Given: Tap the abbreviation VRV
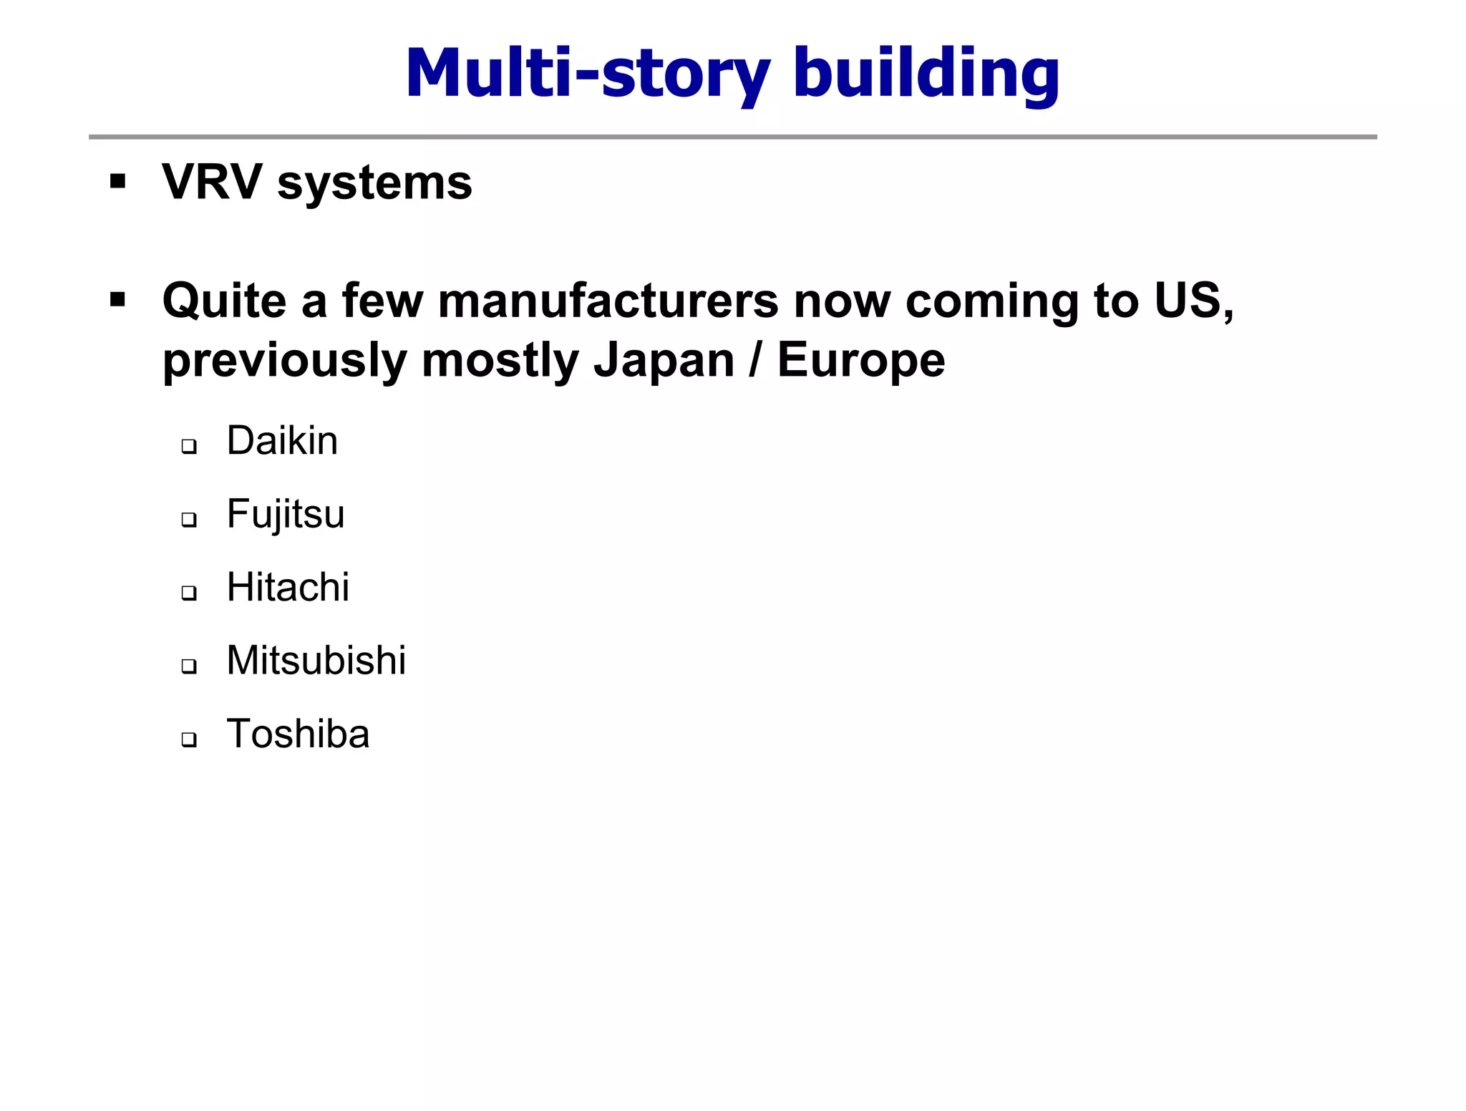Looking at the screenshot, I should tap(212, 182).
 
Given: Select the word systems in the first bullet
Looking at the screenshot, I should tap(374, 183).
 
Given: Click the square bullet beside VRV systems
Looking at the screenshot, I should tap(118, 181).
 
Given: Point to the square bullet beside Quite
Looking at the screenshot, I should tap(118, 299).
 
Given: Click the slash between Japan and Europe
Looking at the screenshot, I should tap(755, 359).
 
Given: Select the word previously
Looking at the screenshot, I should tap(284, 361).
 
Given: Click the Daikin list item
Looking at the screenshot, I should tap(282, 440).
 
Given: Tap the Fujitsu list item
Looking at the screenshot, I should tap(286, 515).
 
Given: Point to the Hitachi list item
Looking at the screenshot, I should tap(288, 588).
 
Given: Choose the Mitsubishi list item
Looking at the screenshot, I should tap(316, 660).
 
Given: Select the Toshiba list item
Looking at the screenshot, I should tap(298, 734).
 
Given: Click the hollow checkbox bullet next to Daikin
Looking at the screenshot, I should tap(189, 447).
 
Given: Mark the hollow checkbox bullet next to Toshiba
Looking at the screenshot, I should tap(189, 739).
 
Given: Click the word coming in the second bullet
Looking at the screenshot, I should tap(992, 301).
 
